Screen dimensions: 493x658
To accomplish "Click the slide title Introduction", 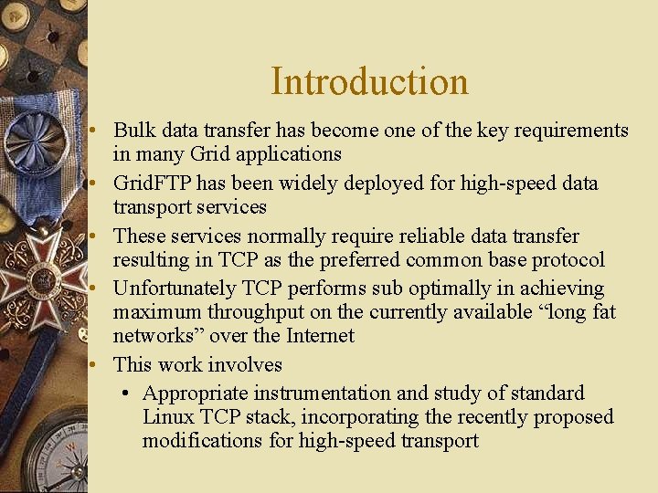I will (x=369, y=81).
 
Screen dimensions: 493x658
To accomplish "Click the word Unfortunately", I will (x=174, y=289).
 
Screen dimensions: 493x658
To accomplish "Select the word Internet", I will (x=320, y=336).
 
